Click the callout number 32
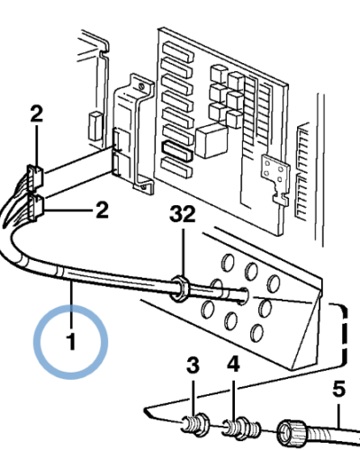click(x=183, y=214)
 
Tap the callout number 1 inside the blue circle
click(x=71, y=342)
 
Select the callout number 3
click(x=193, y=365)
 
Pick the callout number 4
click(x=233, y=364)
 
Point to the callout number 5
click(x=339, y=389)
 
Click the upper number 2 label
click(x=37, y=113)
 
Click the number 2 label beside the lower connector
click(x=102, y=211)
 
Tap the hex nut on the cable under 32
click(x=179, y=288)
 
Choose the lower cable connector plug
click(x=36, y=207)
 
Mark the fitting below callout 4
click(x=242, y=427)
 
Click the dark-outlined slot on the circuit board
click(x=176, y=150)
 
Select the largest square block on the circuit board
click(x=211, y=140)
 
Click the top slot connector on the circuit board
click(x=178, y=51)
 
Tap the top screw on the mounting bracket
click(x=141, y=87)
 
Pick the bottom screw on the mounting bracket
click(x=143, y=187)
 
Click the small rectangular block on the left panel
click(x=95, y=126)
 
